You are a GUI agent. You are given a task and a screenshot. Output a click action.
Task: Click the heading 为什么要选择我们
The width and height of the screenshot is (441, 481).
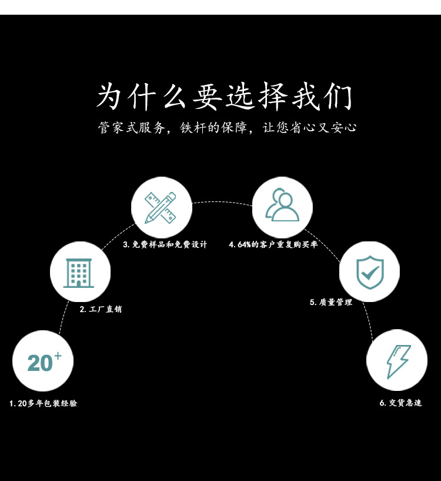coord(224,98)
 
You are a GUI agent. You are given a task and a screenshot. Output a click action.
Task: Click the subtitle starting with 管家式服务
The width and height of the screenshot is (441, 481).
coord(227,128)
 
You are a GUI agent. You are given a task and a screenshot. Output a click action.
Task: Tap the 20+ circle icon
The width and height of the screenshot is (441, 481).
coord(43,361)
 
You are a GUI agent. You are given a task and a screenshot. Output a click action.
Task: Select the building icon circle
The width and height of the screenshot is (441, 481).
coord(80,272)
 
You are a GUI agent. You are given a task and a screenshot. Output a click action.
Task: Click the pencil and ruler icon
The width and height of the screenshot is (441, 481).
coord(161,207)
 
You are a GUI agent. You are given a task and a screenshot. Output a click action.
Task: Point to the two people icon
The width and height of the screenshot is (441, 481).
coord(282,207)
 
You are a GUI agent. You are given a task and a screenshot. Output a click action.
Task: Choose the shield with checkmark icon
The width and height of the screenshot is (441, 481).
coord(369,271)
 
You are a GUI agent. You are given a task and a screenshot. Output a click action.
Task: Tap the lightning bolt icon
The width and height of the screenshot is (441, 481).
coord(397,360)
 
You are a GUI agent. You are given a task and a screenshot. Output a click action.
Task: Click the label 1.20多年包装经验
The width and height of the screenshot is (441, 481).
coord(44,403)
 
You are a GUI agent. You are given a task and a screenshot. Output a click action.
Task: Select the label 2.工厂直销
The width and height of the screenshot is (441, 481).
coord(101,309)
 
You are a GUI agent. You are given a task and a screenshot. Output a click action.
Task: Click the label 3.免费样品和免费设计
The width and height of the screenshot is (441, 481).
coord(165,244)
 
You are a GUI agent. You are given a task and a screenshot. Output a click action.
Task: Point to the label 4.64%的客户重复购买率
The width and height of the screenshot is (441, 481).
coord(273,244)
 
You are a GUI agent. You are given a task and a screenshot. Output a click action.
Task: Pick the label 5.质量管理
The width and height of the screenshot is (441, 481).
coord(331,302)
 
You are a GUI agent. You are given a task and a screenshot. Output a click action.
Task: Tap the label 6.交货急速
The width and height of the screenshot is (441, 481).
coord(400,403)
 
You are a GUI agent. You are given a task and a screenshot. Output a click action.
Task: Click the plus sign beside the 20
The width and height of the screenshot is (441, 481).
coord(58,356)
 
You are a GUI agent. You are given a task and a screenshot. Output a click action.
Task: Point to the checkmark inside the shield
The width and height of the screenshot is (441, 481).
coord(370,273)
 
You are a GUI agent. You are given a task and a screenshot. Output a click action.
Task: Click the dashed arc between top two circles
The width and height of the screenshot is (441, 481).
coord(222,202)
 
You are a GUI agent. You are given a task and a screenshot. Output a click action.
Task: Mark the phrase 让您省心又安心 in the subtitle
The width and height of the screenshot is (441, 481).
coord(310,128)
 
